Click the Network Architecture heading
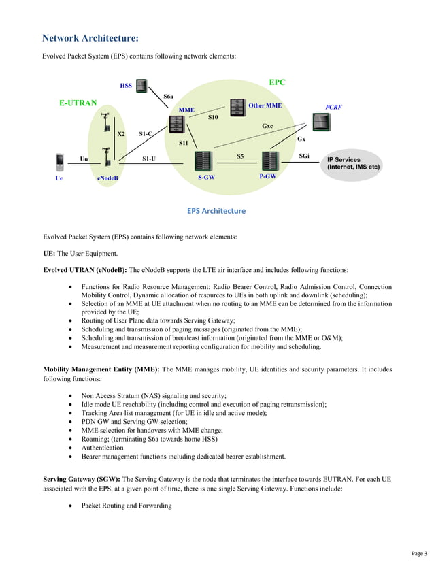(x=90, y=38)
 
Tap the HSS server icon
(x=141, y=86)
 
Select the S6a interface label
(x=168, y=97)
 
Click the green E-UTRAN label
(x=78, y=104)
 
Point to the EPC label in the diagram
(x=277, y=82)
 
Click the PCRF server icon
(x=320, y=122)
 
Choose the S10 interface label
(x=213, y=118)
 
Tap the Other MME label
(x=265, y=105)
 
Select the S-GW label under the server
(x=207, y=176)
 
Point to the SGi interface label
(x=305, y=156)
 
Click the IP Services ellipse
(x=354, y=164)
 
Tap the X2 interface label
(x=120, y=134)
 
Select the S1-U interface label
(x=148, y=159)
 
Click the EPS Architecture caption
(x=216, y=211)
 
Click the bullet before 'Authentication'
(x=72, y=448)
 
